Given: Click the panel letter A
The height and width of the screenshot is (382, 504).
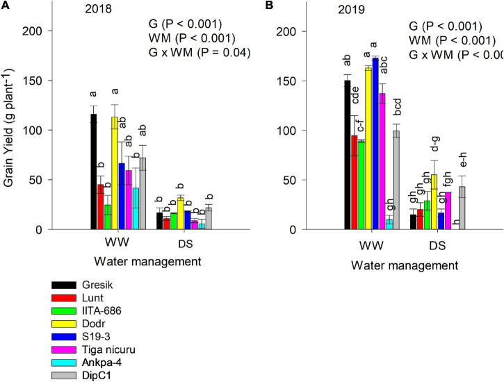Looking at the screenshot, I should coord(6,7).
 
